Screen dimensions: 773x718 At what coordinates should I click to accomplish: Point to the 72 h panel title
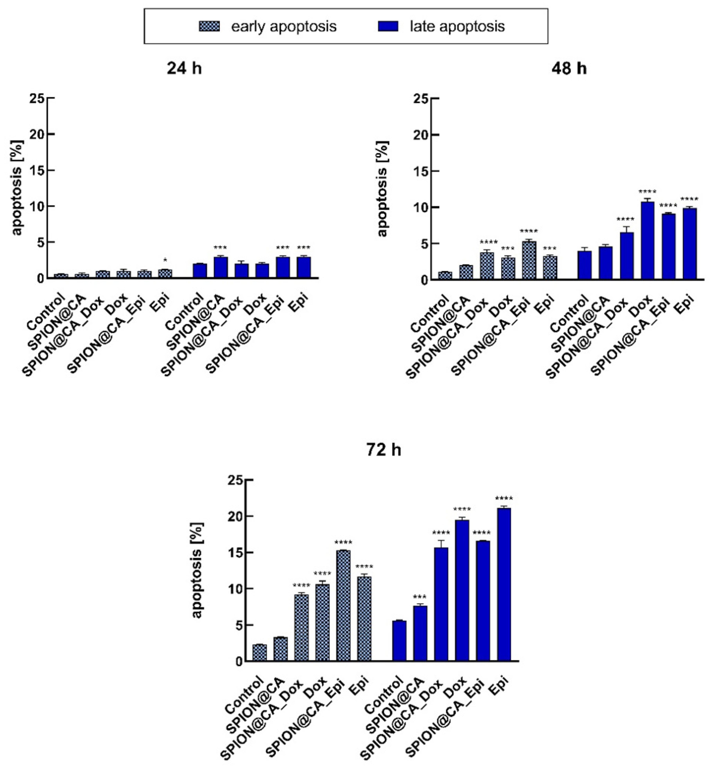[384, 450]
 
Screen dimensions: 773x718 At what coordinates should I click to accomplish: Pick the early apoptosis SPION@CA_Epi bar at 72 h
[343, 606]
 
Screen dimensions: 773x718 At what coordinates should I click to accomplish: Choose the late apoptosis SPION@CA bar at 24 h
[220, 268]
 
